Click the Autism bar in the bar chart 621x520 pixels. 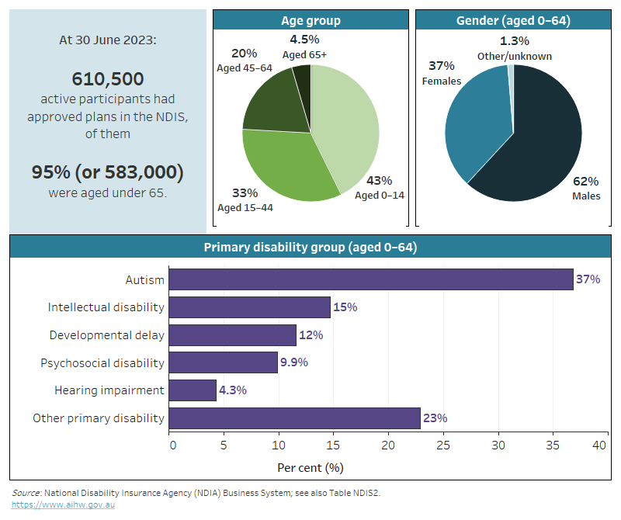(x=371, y=279)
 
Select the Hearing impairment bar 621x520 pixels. (x=193, y=390)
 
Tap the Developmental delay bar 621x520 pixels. (x=232, y=335)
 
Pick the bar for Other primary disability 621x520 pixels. (x=294, y=418)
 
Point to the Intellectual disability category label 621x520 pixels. (x=106, y=307)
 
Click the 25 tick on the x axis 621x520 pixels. (x=443, y=445)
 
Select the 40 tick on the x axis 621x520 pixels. (x=599, y=445)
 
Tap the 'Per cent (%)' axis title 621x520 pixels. (x=310, y=468)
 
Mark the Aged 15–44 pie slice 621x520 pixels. (x=283, y=167)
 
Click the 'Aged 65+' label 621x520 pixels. (x=305, y=54)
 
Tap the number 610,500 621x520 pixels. (x=108, y=78)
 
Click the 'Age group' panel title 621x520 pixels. (x=310, y=21)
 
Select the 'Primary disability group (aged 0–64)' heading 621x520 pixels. (x=310, y=248)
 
